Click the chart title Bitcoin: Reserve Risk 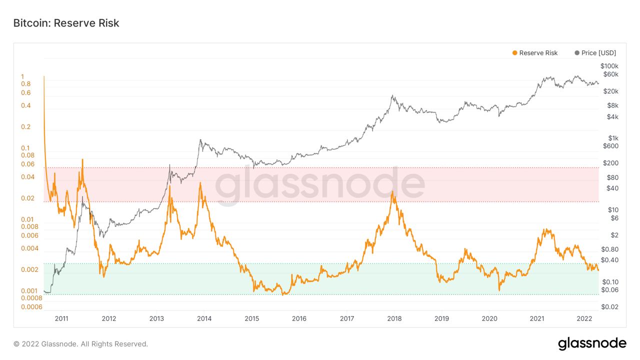coord(66,23)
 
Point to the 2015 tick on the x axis coord(251,318)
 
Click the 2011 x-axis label coord(61,318)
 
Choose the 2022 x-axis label coord(584,318)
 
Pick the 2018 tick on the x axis coord(394,318)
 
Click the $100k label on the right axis coord(609,66)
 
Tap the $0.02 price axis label coord(610,307)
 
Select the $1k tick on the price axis coord(613,138)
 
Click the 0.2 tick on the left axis coord(25,127)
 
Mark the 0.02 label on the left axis coord(27,198)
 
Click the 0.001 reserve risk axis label coord(29,291)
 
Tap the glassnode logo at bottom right coord(592,343)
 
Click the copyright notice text coord(80,344)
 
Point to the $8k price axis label coord(613,105)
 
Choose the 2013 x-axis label coord(156,318)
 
